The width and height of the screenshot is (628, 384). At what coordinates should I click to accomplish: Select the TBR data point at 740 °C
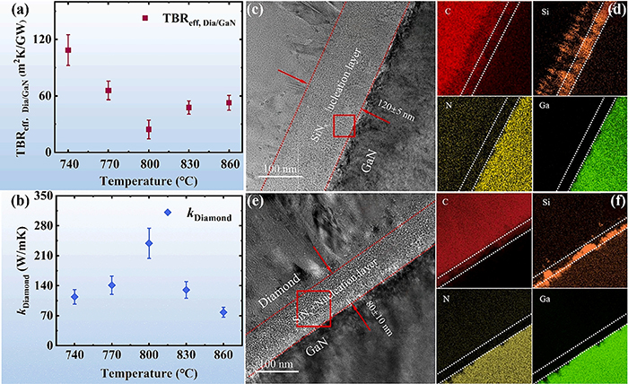point(67,50)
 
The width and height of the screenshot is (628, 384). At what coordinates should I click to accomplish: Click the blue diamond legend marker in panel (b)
point(144,213)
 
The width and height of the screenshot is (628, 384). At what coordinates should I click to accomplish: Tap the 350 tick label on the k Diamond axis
point(38,195)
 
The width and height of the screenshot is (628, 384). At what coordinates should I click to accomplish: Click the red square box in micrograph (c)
point(345,127)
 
